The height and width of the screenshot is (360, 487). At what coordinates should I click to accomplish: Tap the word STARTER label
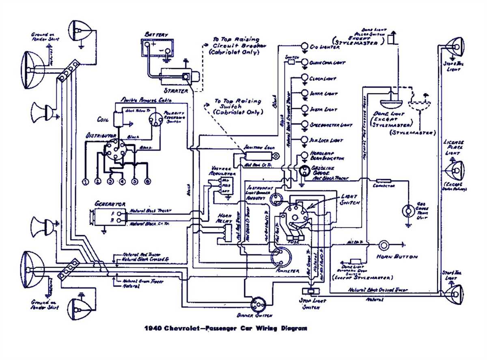click(176, 91)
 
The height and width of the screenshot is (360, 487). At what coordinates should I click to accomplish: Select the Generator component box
click(110, 217)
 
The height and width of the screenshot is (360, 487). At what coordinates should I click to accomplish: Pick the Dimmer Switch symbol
click(258, 304)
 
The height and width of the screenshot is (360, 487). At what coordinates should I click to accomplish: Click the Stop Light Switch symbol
click(311, 291)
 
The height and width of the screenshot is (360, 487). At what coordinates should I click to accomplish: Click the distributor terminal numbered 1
click(85, 182)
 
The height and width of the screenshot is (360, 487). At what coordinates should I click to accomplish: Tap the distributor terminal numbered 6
click(147, 181)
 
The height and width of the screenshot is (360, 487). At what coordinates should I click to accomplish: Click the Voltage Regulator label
click(221, 170)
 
